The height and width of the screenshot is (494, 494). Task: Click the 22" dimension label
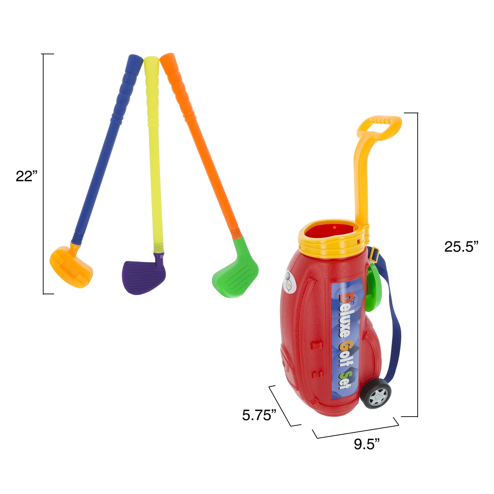point(27,176)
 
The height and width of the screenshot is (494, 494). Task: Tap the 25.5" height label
point(461,247)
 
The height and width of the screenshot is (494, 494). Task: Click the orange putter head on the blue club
point(71,267)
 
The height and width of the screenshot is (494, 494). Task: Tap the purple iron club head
point(144,277)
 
